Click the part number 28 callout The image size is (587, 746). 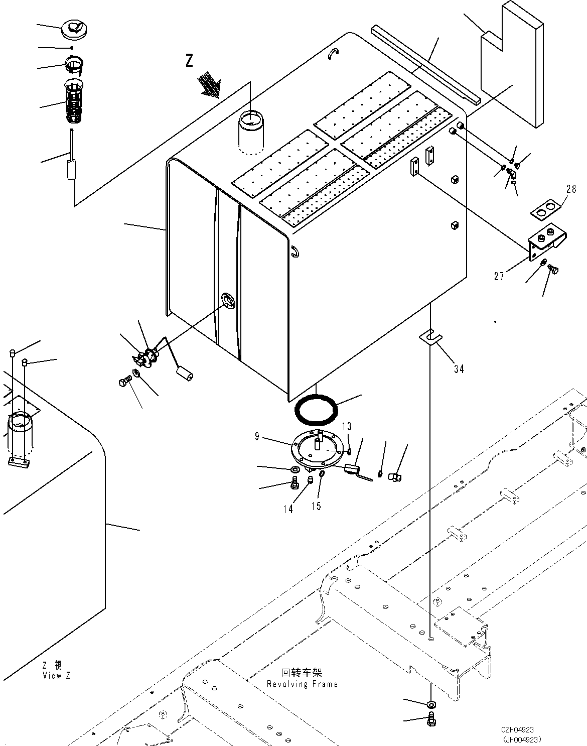pos(571,189)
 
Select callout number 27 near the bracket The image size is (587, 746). pos(499,276)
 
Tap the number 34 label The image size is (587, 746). pos(459,369)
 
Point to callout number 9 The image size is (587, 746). pos(257,437)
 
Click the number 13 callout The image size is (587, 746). pos(347,427)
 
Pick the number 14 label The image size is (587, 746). pos(287,509)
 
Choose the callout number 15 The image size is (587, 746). pos(316,506)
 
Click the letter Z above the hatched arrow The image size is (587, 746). pos(189,61)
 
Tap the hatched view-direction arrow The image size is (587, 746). pos(210,84)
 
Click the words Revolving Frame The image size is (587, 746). pos(302,684)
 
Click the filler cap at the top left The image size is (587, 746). pos(73,29)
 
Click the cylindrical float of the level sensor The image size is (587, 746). pos(185,374)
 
